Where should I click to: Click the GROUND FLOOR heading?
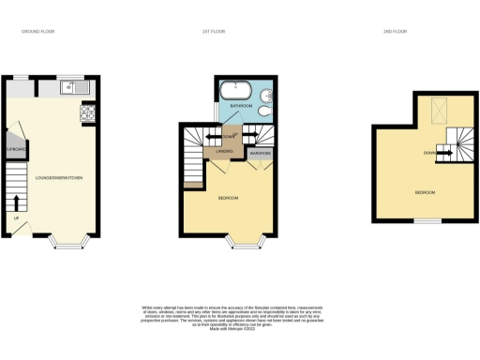pos(39,31)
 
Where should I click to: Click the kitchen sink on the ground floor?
pos(69,89)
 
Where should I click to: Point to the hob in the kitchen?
pos(87,112)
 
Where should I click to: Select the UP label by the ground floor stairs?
pos(16,219)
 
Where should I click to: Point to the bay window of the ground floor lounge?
pos(69,247)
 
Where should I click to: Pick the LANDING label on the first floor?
pos(225,150)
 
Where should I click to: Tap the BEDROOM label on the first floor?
pos(229,198)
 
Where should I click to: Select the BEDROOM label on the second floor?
pos(425,192)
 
